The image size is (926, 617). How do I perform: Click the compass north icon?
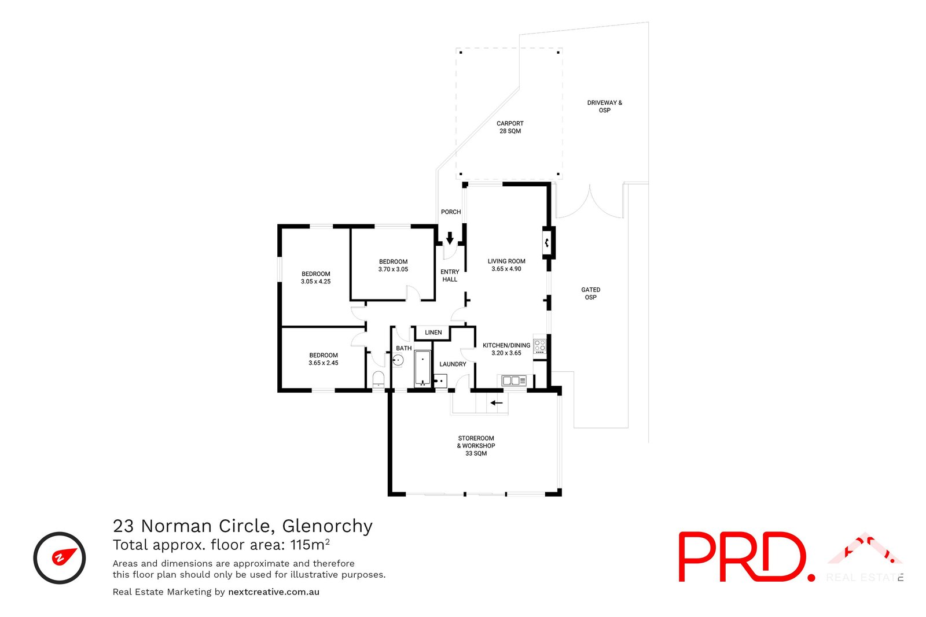click(x=60, y=557)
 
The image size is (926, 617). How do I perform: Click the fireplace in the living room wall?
click(x=547, y=242)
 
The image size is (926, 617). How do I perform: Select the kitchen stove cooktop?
click(x=539, y=346)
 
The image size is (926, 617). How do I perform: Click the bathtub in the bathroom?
click(x=422, y=367)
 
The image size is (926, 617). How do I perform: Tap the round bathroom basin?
click(x=398, y=360)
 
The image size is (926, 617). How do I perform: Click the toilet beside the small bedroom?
click(x=378, y=379)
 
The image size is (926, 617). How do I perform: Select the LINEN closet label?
click(x=433, y=332)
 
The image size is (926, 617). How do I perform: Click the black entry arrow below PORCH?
click(x=450, y=238)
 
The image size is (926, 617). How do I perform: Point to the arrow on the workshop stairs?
click(x=497, y=402)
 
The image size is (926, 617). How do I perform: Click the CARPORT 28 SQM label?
click(x=510, y=127)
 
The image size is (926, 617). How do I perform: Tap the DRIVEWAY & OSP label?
click(x=604, y=106)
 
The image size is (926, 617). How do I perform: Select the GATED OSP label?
click(x=590, y=293)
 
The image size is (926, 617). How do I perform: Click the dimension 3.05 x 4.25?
click(x=315, y=282)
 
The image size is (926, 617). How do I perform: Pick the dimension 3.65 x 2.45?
click(x=323, y=363)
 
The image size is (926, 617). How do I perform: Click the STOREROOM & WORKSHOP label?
click(x=476, y=445)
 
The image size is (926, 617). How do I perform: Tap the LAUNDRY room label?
click(x=453, y=364)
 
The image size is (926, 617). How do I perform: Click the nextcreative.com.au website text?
click(x=274, y=592)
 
